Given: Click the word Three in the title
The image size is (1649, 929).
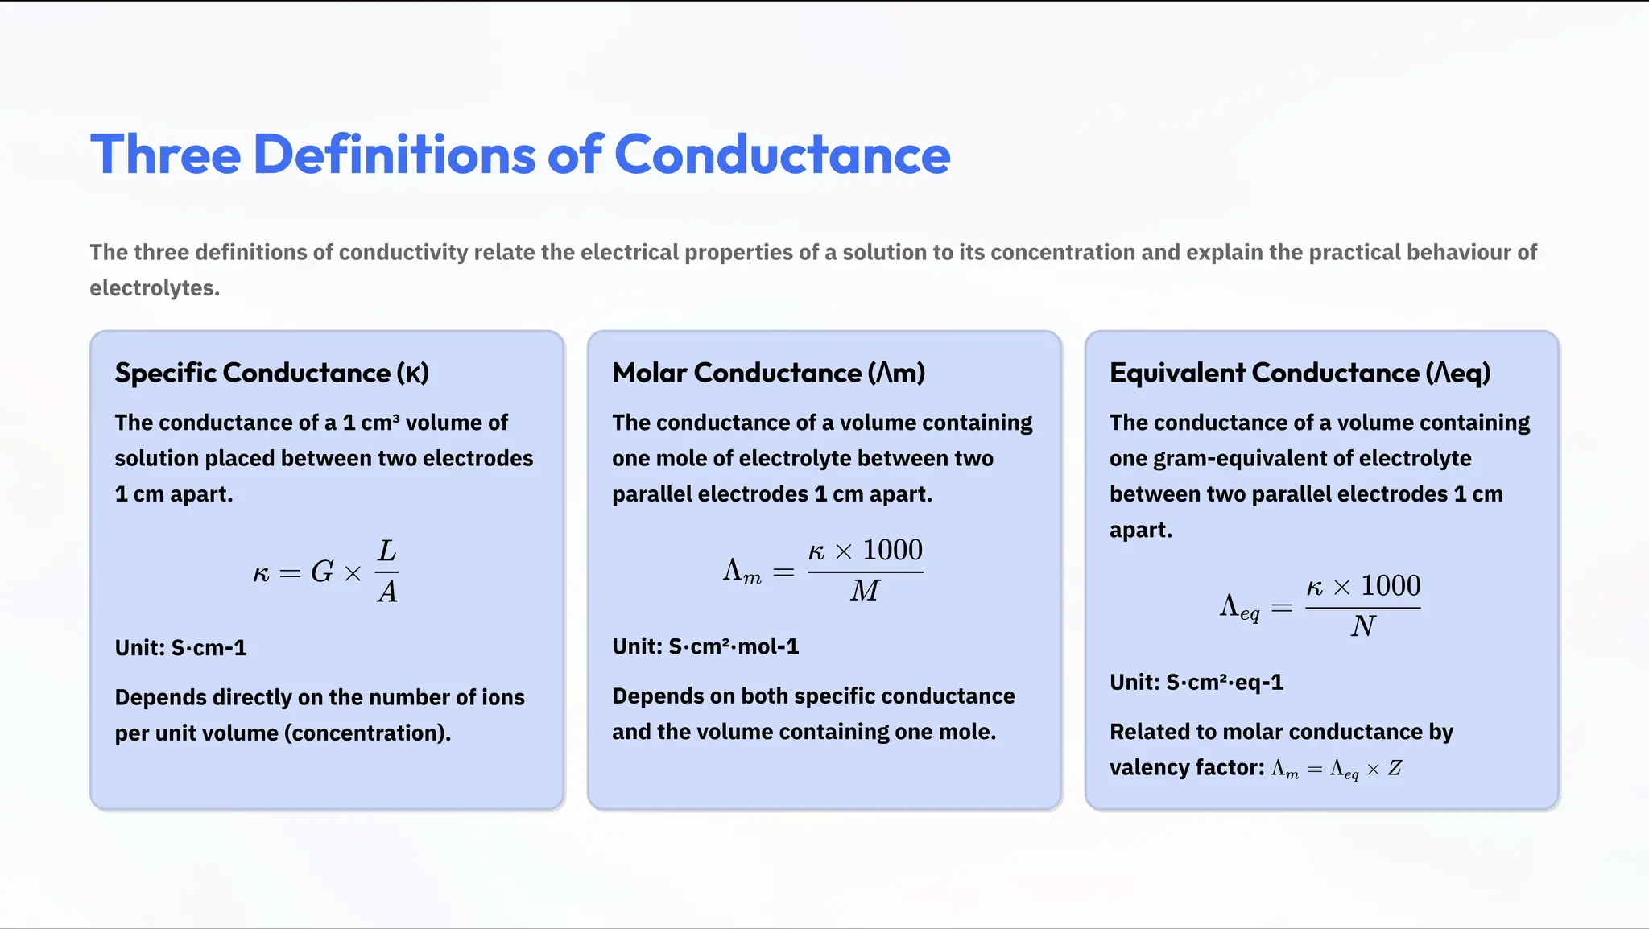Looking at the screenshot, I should point(165,155).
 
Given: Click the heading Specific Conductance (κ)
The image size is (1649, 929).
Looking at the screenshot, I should point(271,373).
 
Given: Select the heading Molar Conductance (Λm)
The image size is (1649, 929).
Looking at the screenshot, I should point(768,373).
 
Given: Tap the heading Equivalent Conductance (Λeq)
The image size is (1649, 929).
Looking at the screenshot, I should point(1300,373).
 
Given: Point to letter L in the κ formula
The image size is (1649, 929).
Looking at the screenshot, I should point(387,551).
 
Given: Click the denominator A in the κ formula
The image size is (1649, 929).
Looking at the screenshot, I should point(387,592).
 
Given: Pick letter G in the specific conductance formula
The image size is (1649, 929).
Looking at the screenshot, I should point(322,572).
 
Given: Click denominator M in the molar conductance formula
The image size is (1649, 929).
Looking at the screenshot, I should point(865,591).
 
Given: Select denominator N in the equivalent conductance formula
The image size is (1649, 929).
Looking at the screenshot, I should point(1362,626).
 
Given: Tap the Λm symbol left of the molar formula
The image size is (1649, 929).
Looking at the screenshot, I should point(742,572).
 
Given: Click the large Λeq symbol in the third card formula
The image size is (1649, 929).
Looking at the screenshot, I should point(1239,607).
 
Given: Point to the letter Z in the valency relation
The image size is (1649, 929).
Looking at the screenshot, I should point(1395,769).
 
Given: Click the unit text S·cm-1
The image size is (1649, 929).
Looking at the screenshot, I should point(209,648).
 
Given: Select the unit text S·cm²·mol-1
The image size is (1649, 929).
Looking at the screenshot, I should point(734,646).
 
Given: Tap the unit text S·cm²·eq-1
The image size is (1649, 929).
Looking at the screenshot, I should point(1224,683).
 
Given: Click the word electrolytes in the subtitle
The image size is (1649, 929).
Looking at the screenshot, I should point(154,288).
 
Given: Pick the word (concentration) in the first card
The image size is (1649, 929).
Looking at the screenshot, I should point(367,733).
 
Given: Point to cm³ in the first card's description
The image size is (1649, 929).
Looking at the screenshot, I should point(380,423).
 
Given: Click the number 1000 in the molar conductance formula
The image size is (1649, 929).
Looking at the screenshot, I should point(892,551).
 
